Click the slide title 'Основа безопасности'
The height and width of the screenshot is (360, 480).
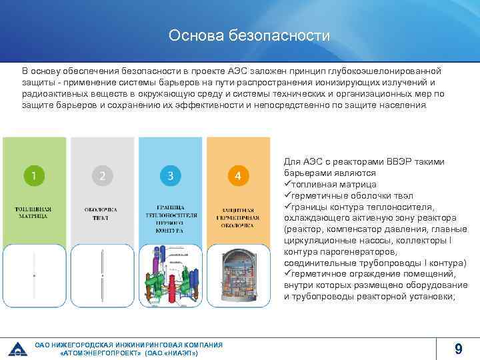tap(240, 35)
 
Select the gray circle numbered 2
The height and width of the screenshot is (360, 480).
tap(102, 176)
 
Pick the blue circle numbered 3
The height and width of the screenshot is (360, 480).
tap(171, 176)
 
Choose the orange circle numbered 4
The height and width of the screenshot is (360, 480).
tap(238, 176)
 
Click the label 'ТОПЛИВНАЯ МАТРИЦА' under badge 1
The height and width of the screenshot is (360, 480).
tap(34, 213)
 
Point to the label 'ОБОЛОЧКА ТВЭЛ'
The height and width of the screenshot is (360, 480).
tap(102, 213)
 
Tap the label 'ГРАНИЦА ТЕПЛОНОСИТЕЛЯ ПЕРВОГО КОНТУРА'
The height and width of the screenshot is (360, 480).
tap(170, 218)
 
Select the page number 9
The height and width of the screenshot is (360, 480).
tap(458, 349)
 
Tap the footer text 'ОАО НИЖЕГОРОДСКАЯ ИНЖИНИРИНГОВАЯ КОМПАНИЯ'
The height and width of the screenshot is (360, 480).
tap(129, 344)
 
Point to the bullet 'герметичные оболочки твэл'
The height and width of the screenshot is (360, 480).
tap(349, 195)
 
